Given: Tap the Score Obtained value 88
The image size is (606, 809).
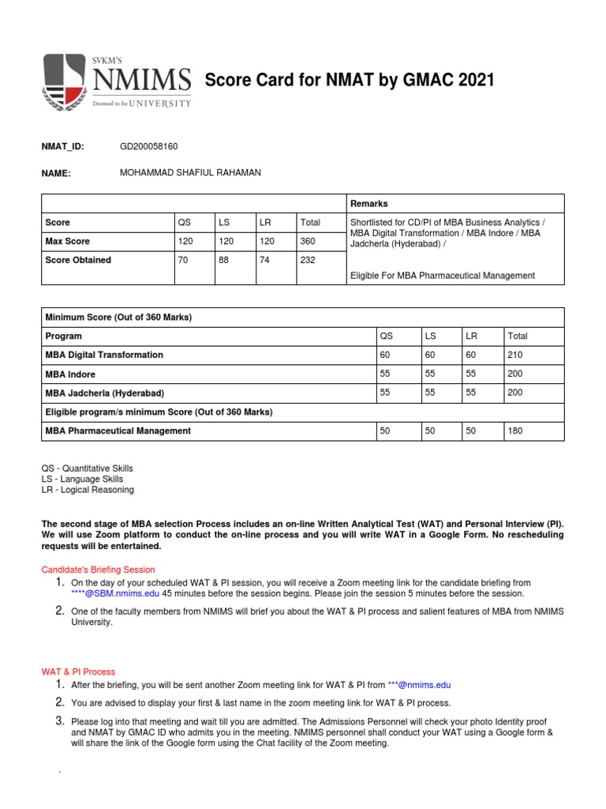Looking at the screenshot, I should tap(225, 260).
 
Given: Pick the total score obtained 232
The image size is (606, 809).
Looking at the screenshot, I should tap(309, 260).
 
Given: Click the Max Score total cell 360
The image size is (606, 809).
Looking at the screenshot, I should tap(309, 241).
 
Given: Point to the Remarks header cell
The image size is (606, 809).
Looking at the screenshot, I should tap(369, 204).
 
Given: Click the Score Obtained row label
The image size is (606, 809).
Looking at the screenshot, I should tap(78, 260).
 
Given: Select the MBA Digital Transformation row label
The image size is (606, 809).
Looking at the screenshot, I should tap(104, 355).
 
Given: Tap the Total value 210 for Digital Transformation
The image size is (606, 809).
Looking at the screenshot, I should tap(516, 355).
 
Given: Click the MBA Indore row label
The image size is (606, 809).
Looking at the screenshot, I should tap(71, 374).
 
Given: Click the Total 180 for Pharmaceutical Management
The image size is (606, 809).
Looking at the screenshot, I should tap(516, 431).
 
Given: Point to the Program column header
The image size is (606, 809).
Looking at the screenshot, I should tap(64, 336).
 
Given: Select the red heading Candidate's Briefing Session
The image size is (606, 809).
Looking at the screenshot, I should tap(98, 570).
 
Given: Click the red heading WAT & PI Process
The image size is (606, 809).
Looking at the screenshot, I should tap(78, 672).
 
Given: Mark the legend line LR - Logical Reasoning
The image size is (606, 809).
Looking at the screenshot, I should tap(88, 490).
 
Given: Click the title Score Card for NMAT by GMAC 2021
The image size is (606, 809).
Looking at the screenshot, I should tap(350, 81).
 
